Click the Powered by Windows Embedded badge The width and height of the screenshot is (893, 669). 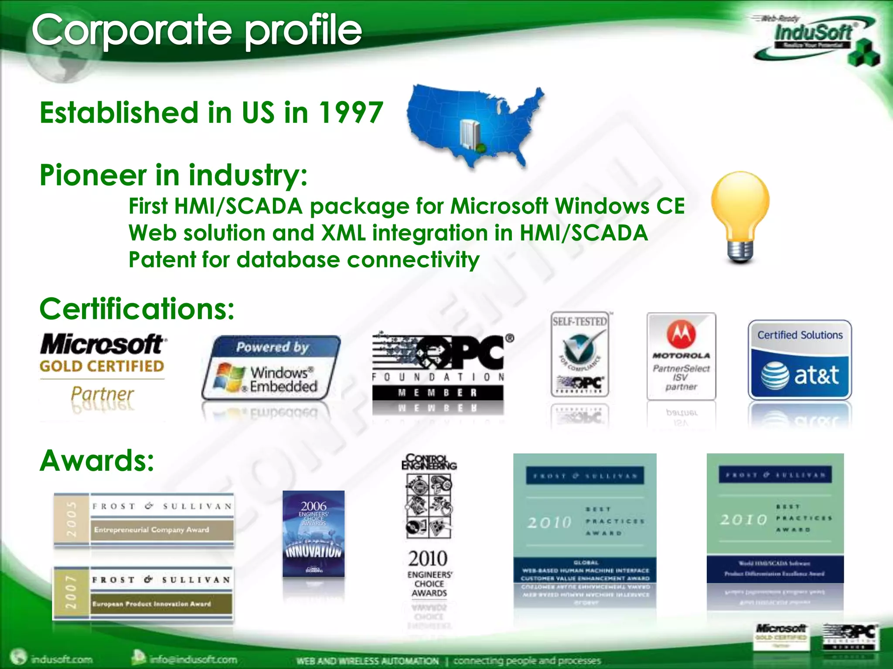click(271, 368)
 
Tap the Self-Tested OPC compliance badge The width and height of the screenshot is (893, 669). click(579, 354)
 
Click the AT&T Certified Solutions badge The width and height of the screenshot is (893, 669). click(800, 360)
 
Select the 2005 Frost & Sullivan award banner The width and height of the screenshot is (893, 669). click(143, 519)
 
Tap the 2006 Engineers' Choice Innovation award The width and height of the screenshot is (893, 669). click(314, 534)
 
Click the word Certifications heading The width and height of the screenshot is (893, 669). click(137, 309)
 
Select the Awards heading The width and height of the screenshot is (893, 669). click(97, 461)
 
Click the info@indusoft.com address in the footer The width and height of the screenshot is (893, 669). click(193, 659)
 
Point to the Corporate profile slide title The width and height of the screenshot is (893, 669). click(197, 30)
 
